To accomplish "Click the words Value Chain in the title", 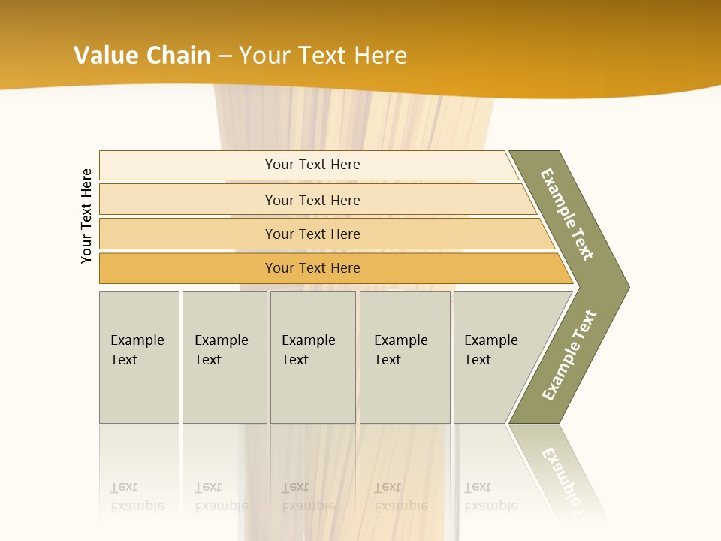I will [x=142, y=55].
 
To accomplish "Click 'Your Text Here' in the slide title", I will [x=323, y=55].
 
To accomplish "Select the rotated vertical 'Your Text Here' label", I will [x=86, y=216].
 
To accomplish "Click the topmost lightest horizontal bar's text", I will [x=312, y=165].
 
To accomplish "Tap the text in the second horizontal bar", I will [x=312, y=200].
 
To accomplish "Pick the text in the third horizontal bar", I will [x=312, y=234].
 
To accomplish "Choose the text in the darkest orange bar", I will [x=312, y=268].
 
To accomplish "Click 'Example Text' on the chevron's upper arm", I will [x=567, y=214].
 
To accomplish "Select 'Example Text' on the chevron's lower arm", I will [x=569, y=355].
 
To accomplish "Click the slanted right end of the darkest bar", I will [x=564, y=269].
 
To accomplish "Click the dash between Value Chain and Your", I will [x=225, y=55].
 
